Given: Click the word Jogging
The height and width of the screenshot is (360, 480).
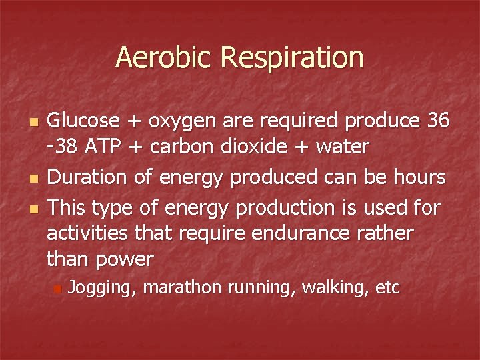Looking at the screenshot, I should pos(103,288).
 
